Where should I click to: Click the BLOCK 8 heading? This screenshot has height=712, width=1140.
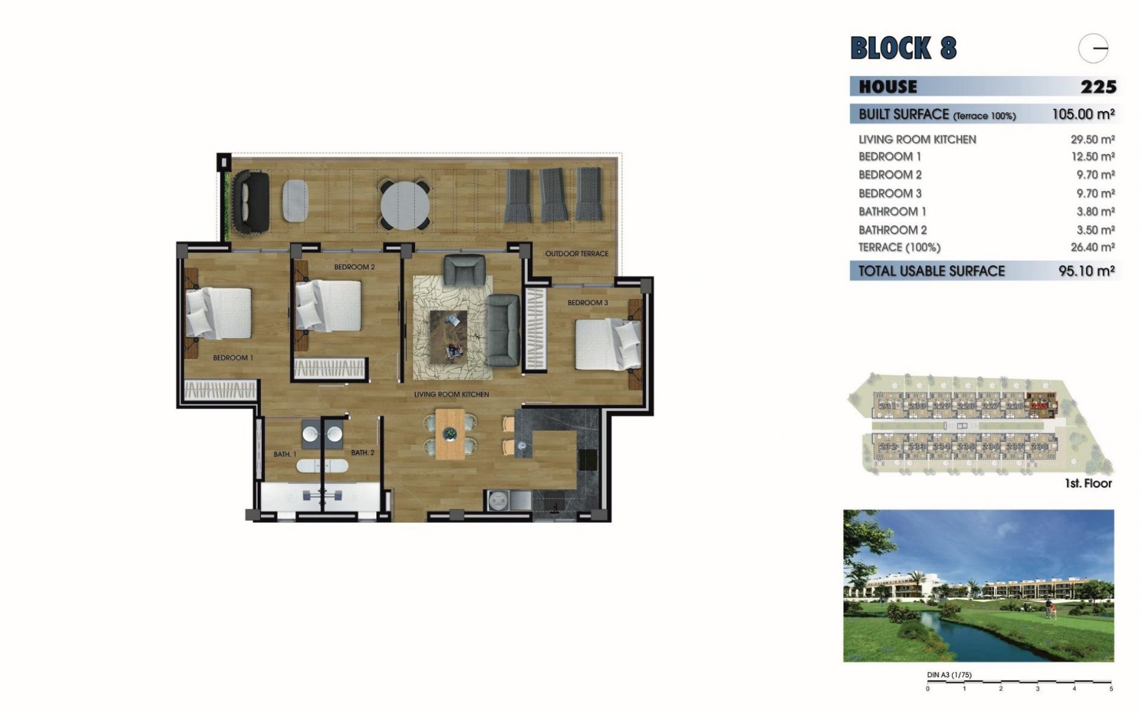(x=903, y=48)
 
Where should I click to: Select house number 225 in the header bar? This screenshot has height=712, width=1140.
(x=1098, y=87)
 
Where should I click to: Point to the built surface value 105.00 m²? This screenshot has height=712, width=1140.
(x=1082, y=114)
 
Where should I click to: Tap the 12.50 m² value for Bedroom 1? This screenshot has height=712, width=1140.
(x=1091, y=157)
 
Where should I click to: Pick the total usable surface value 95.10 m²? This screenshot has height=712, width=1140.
(x=1086, y=271)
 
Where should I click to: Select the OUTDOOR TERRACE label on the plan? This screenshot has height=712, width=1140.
(x=577, y=254)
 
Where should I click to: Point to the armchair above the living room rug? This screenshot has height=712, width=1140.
(x=465, y=268)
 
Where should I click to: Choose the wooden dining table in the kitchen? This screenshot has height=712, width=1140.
(x=449, y=434)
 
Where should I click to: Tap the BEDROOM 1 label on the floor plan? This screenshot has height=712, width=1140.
(x=233, y=358)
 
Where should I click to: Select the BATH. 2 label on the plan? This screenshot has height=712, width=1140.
(x=362, y=453)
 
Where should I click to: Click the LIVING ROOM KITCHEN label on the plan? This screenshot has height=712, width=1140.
(x=451, y=395)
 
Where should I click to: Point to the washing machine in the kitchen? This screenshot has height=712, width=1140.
(x=498, y=500)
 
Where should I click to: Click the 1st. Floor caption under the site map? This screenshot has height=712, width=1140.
(x=1088, y=484)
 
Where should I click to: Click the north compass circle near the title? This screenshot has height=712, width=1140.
(x=1094, y=49)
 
